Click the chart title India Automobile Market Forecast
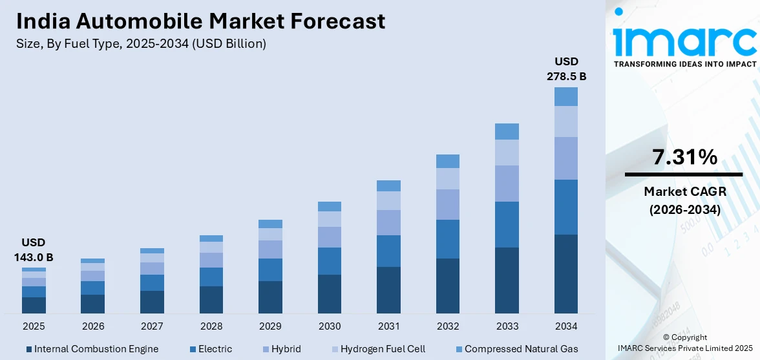(x=200, y=21)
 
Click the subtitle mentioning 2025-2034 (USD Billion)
(x=141, y=44)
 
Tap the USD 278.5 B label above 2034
(x=566, y=69)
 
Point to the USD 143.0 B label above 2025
(x=33, y=249)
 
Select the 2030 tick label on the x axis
(x=330, y=326)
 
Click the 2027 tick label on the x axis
(x=152, y=326)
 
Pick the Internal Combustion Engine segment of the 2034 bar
(x=566, y=273)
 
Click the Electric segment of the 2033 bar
(x=507, y=224)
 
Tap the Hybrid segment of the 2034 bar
(x=566, y=158)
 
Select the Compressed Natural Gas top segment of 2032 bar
(x=448, y=161)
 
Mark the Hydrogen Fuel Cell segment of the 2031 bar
(x=388, y=201)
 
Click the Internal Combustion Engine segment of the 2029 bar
(x=270, y=297)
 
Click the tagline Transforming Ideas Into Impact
(x=684, y=64)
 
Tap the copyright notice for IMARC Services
(x=684, y=343)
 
